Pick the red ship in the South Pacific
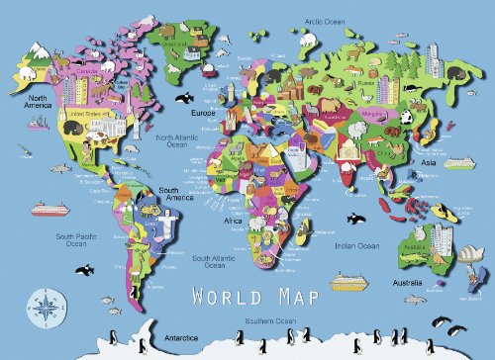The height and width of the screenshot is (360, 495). [x=47, y=209]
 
